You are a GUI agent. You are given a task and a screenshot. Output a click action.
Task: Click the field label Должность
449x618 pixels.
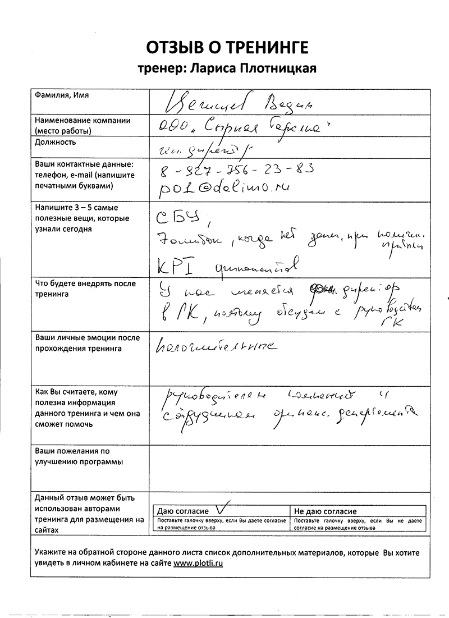coord(56,142)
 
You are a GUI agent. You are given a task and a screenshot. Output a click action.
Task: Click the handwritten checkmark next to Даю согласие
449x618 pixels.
coord(223,508)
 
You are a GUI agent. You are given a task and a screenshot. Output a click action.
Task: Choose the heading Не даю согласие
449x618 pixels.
coord(325,511)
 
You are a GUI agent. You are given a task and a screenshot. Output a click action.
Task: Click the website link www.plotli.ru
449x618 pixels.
coord(198,563)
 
